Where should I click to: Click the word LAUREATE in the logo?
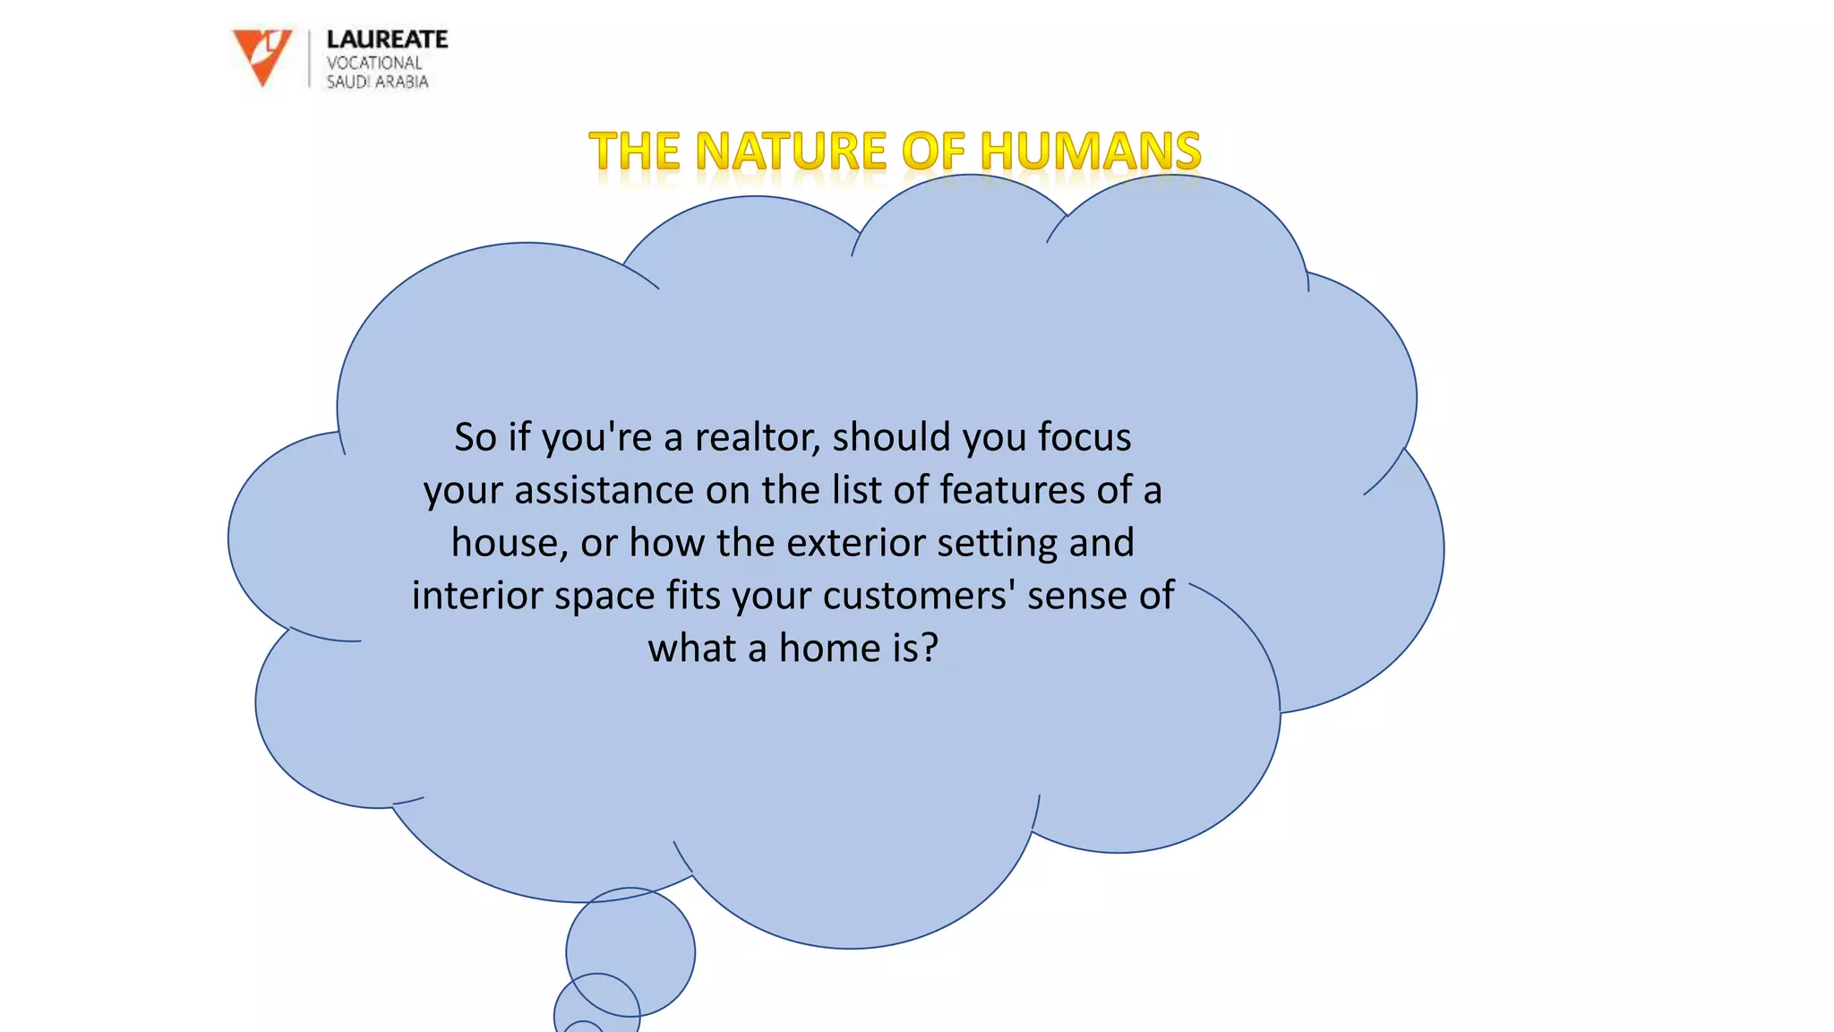coord(387,39)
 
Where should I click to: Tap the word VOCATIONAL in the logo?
coord(373,63)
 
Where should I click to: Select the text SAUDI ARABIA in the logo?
coord(377,82)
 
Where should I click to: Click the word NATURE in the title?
coord(791,150)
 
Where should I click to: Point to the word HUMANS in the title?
coord(1090,150)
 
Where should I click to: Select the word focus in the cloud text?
coord(1084,437)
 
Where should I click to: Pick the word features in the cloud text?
coord(1013,490)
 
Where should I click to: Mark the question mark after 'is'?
coord(930,648)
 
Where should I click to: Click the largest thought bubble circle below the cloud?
coord(630,950)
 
